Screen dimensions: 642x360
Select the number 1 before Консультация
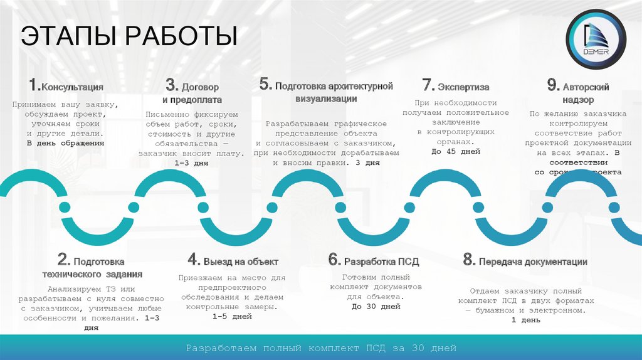[x=34, y=86]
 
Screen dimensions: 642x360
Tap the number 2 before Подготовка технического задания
[x=64, y=260]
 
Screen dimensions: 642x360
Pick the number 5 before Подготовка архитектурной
[x=265, y=84]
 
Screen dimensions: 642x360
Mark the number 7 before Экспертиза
[x=428, y=85]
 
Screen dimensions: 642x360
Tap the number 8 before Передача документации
[x=468, y=260]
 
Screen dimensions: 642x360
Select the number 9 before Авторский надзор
[x=552, y=85]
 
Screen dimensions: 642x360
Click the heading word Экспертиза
[x=463, y=87]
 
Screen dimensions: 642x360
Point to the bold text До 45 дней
[x=455, y=151]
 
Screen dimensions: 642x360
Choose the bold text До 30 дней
[x=376, y=307]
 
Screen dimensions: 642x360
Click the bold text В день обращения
[x=65, y=144]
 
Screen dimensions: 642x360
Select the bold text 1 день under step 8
[x=526, y=320]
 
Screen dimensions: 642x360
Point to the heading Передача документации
[x=533, y=262]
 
